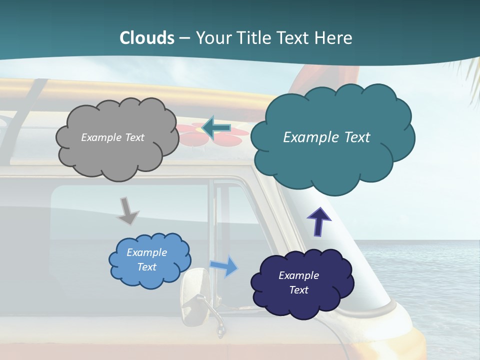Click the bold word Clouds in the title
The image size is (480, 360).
pyautogui.click(x=147, y=38)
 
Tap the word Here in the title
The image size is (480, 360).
pyautogui.click(x=334, y=38)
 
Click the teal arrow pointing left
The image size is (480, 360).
pyautogui.click(x=216, y=128)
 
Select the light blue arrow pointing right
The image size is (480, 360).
pyautogui.click(x=224, y=266)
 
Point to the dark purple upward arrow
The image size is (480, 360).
pyautogui.click(x=319, y=221)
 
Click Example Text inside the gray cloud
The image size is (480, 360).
pyautogui.click(x=112, y=137)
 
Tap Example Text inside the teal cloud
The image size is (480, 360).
pyautogui.click(x=326, y=137)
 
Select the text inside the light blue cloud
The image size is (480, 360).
pyautogui.click(x=146, y=259)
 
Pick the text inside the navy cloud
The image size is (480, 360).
pyautogui.click(x=298, y=282)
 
